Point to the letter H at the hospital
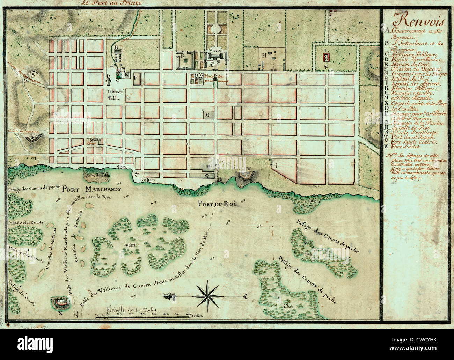pos(265,55)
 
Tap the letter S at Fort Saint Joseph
pos(34,74)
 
